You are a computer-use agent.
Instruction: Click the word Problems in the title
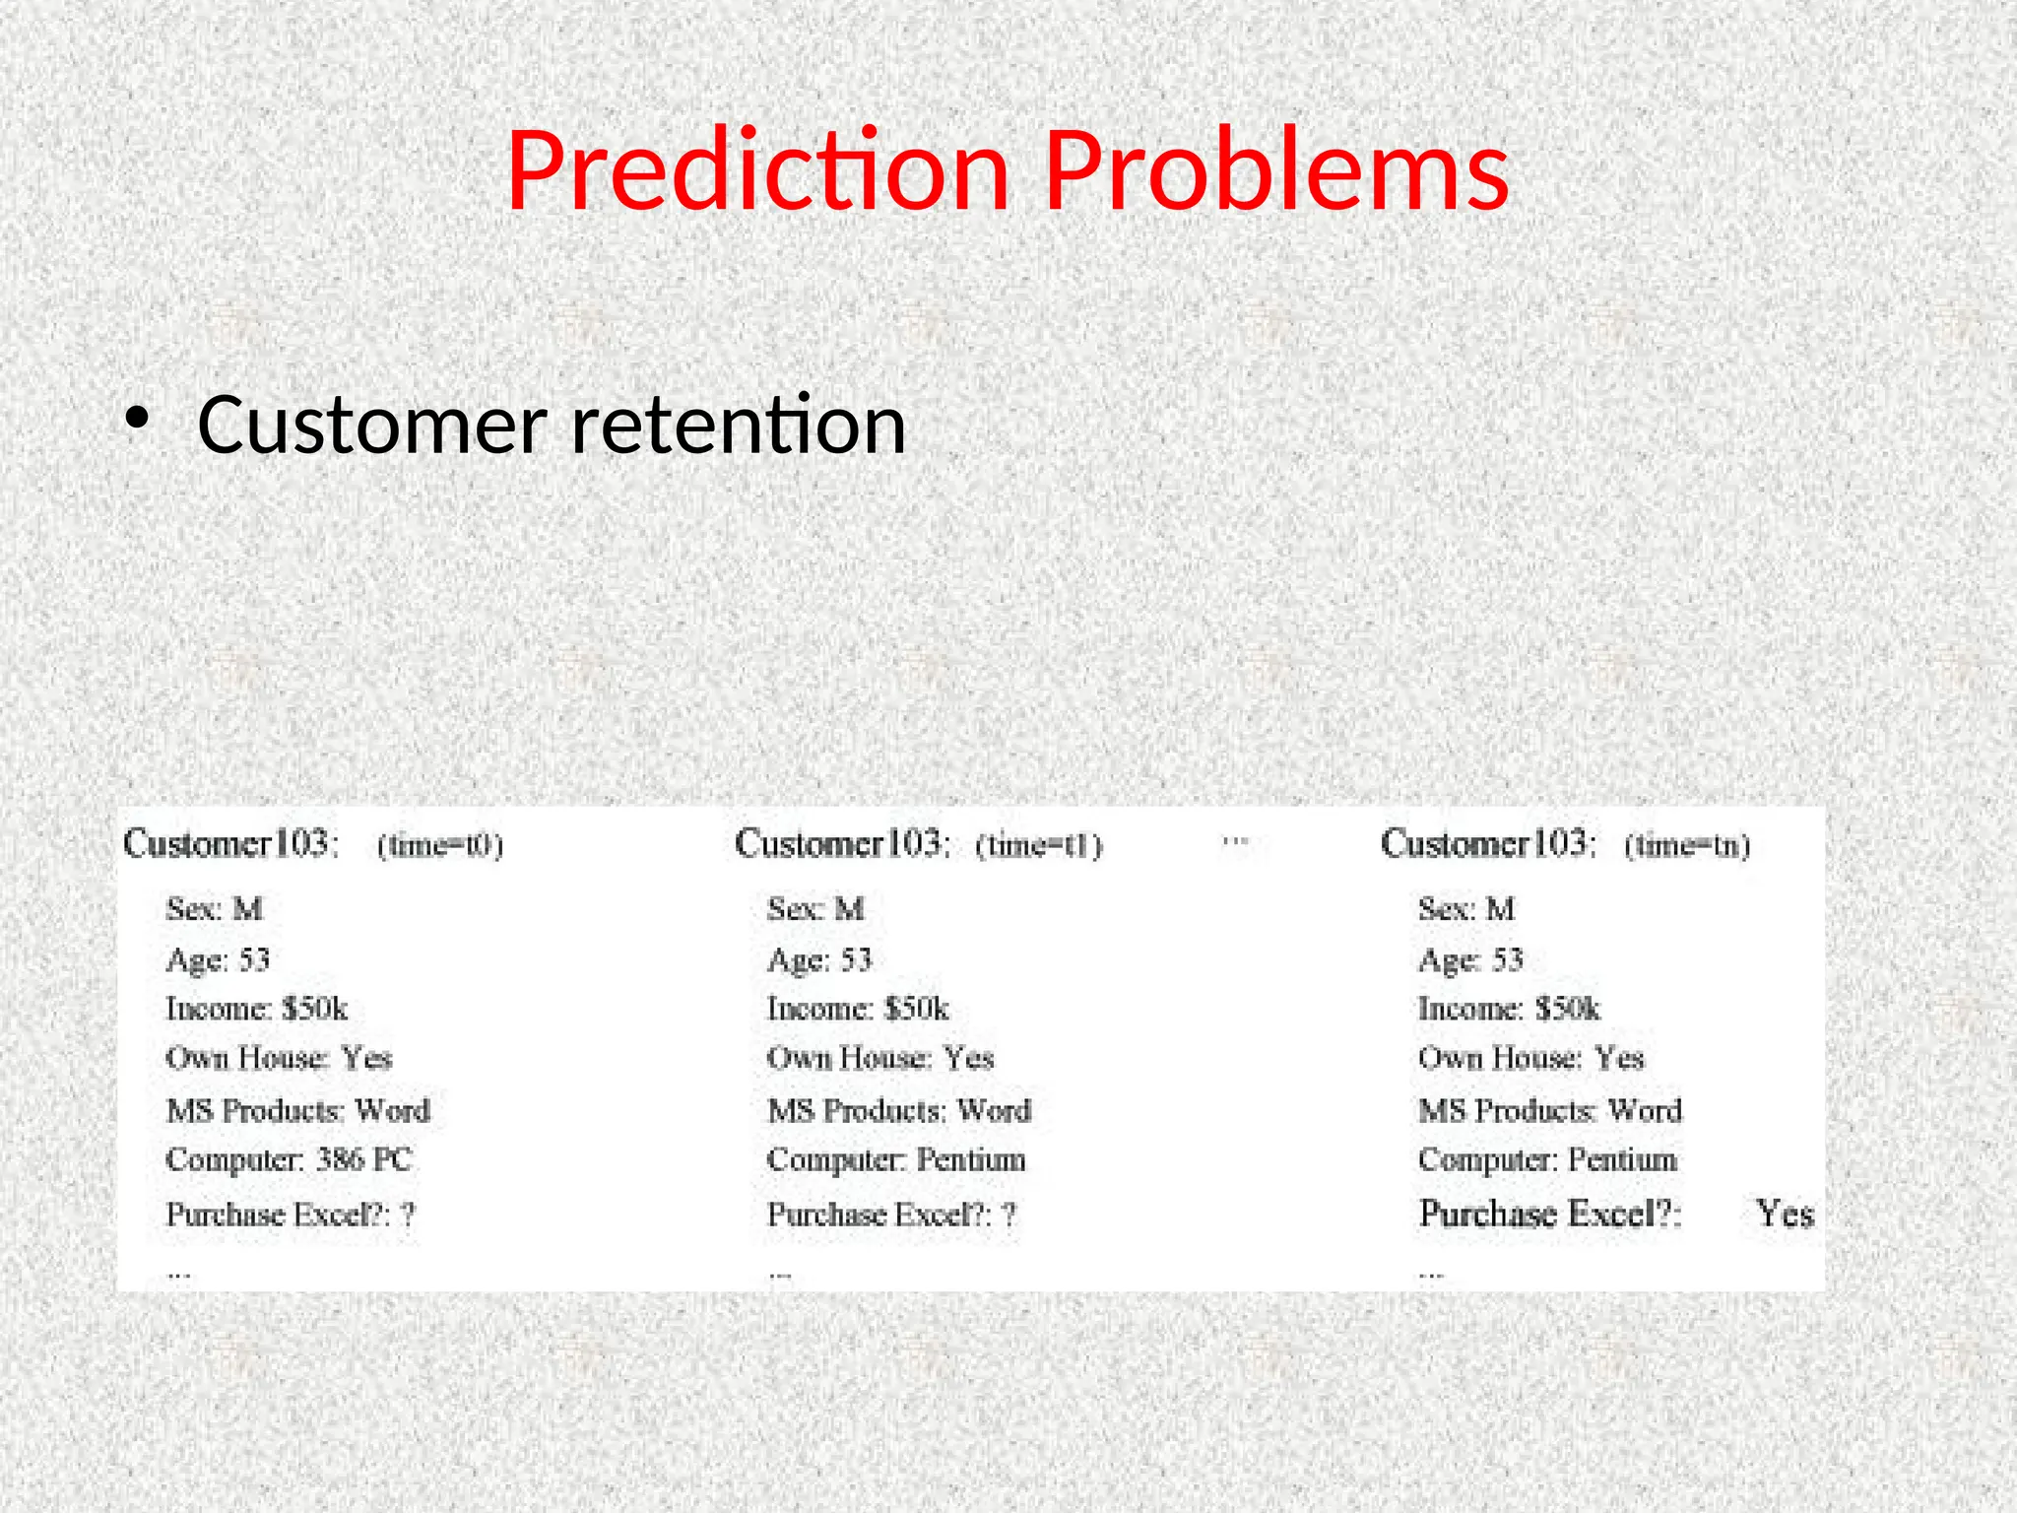point(1275,172)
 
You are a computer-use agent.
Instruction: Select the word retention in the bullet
point(739,426)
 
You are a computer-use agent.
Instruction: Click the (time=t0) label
point(440,846)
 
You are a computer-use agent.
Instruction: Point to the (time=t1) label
point(1039,846)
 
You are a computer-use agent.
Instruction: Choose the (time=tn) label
point(1687,846)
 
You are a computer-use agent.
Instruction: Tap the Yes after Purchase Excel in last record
point(1785,1214)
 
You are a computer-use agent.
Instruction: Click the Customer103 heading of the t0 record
point(231,844)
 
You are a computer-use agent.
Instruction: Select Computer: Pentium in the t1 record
point(896,1160)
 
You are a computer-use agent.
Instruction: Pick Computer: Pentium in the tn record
point(1547,1160)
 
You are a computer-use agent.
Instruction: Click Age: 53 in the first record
point(218,960)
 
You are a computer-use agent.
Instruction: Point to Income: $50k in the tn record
point(1509,1010)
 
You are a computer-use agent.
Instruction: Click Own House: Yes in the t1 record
point(880,1059)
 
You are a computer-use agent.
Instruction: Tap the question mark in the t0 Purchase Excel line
point(408,1216)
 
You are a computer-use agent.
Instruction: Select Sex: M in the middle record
point(815,909)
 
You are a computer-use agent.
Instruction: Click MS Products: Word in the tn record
point(1550,1111)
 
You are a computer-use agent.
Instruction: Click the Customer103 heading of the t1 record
point(843,844)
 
